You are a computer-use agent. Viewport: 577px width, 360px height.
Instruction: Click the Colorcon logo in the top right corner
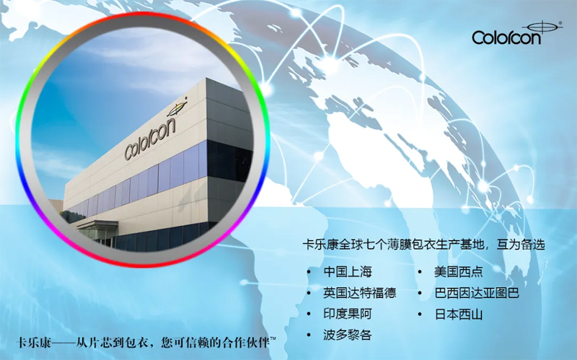click(x=515, y=34)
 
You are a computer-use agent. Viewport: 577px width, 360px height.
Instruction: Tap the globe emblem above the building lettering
click(x=177, y=107)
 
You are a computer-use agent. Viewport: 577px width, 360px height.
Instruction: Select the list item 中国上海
click(x=348, y=272)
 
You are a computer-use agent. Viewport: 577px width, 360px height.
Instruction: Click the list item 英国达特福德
click(x=359, y=293)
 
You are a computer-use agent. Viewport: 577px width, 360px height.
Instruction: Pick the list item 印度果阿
click(x=348, y=314)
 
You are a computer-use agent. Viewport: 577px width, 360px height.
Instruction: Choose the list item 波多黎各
click(x=348, y=335)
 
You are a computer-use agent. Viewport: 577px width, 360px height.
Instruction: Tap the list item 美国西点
click(x=459, y=272)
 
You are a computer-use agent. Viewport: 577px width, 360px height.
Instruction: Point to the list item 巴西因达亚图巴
click(x=477, y=293)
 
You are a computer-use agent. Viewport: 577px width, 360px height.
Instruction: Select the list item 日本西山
click(x=459, y=315)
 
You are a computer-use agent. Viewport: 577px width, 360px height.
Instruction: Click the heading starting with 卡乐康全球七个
click(x=423, y=245)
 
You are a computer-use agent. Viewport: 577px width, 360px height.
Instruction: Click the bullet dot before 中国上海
click(x=309, y=273)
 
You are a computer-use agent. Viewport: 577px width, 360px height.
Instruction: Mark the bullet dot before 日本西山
click(x=420, y=315)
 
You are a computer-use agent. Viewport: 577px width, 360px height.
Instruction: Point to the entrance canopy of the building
click(x=97, y=224)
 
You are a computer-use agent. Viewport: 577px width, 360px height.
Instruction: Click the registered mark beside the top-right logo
click(x=560, y=23)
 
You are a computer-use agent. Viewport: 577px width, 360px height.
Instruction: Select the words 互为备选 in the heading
click(x=521, y=245)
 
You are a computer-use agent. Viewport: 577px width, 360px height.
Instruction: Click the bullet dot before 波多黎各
click(x=309, y=335)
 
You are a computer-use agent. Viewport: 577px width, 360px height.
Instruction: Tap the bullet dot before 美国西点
click(x=420, y=273)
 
